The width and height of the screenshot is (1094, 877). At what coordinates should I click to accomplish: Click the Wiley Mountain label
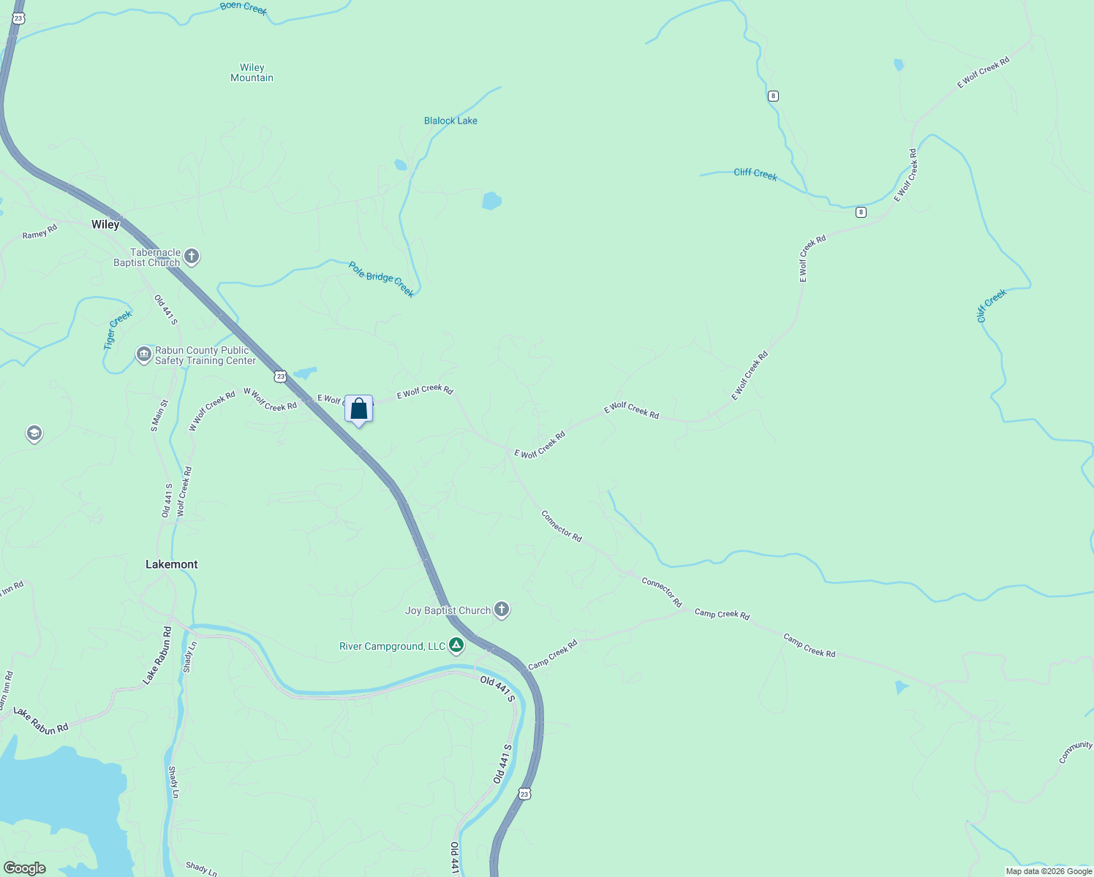(x=252, y=72)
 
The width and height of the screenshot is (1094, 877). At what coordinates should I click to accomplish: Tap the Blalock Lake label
(x=450, y=121)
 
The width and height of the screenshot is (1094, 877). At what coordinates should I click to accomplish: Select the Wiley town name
(x=105, y=224)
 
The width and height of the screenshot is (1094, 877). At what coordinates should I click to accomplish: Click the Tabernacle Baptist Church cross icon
(x=192, y=257)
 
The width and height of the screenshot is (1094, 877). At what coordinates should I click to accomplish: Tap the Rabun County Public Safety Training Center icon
(x=143, y=355)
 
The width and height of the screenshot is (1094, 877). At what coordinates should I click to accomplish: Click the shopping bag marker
(x=358, y=409)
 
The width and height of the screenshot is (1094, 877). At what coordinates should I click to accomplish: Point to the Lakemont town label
(x=172, y=564)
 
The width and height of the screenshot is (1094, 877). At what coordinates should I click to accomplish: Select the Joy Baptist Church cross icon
(x=502, y=610)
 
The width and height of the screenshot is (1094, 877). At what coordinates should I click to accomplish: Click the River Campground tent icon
(x=456, y=645)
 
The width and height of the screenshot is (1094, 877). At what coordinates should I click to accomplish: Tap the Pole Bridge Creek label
(x=381, y=280)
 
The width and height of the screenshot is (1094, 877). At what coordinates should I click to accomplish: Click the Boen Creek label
(x=244, y=8)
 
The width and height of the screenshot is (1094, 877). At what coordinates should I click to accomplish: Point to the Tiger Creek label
(x=118, y=330)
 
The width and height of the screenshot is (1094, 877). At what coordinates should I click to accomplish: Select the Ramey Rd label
(x=39, y=233)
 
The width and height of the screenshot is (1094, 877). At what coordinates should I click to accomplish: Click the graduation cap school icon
(x=34, y=434)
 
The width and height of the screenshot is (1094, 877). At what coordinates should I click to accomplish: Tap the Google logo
(x=24, y=868)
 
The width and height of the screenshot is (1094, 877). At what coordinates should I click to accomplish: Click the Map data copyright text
(x=1049, y=871)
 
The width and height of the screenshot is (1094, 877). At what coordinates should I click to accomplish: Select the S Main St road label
(x=158, y=415)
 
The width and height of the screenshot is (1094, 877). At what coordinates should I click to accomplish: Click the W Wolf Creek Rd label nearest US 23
(x=270, y=400)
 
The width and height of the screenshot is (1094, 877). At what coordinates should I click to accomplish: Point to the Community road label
(x=1076, y=751)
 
